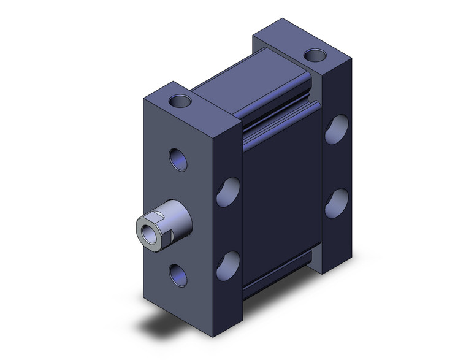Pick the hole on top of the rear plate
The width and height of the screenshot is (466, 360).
click(316, 56)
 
